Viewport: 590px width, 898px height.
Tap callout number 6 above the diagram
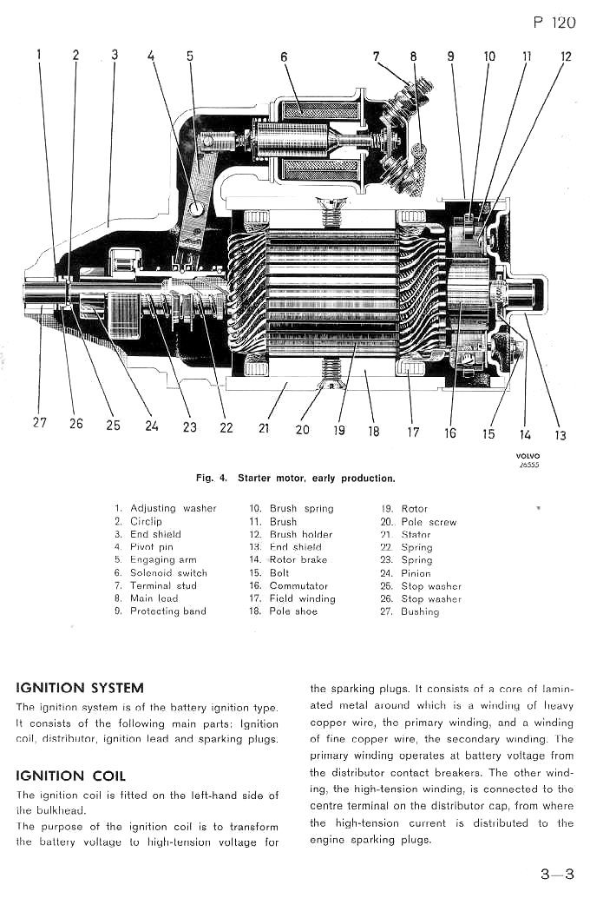284,57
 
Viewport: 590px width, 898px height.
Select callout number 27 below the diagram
39,423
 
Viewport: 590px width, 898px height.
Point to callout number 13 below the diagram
560,435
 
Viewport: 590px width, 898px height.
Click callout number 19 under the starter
338,429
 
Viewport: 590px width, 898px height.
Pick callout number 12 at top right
566,57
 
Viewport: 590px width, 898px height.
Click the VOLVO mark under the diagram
528,456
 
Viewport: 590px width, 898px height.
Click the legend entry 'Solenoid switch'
168,573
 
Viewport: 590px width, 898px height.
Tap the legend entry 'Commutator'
298,586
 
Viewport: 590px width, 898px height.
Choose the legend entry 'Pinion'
416,573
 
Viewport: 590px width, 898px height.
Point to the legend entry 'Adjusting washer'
173,508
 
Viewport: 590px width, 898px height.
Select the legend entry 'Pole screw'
428,522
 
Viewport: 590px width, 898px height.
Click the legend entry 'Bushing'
420,611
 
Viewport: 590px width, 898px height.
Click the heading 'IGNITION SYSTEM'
80,689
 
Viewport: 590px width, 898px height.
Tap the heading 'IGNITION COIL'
71,776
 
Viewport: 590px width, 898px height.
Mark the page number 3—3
558,875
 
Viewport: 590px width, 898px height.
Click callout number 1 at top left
39,55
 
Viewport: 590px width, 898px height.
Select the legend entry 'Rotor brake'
298,560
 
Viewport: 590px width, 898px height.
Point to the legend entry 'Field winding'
302,598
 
